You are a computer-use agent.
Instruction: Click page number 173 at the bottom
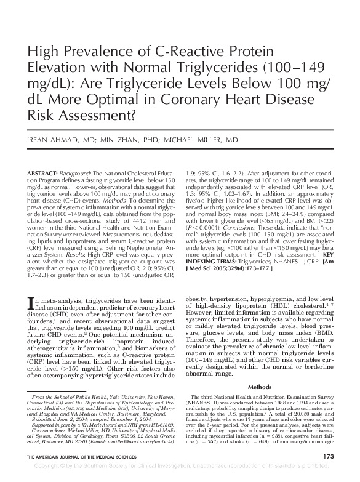328,457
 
